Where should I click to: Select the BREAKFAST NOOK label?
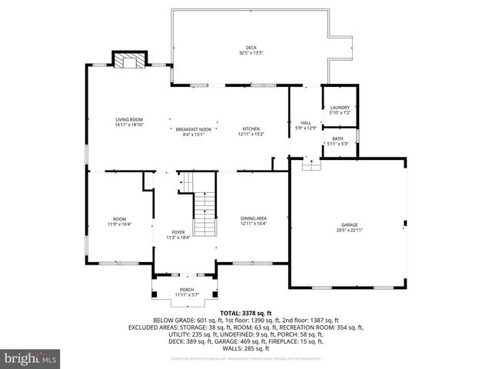(192, 128)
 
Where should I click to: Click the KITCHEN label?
(251, 128)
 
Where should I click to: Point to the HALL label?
(305, 123)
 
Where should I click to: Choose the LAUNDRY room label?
(339, 108)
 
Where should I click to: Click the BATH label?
(338, 138)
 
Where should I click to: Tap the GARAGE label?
(348, 224)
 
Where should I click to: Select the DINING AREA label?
(252, 219)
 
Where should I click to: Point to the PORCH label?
(187, 290)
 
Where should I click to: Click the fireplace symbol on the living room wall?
(129, 60)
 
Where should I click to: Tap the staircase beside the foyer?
(204, 214)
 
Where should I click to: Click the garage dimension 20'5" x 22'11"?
(348, 230)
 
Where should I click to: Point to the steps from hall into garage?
(311, 165)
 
